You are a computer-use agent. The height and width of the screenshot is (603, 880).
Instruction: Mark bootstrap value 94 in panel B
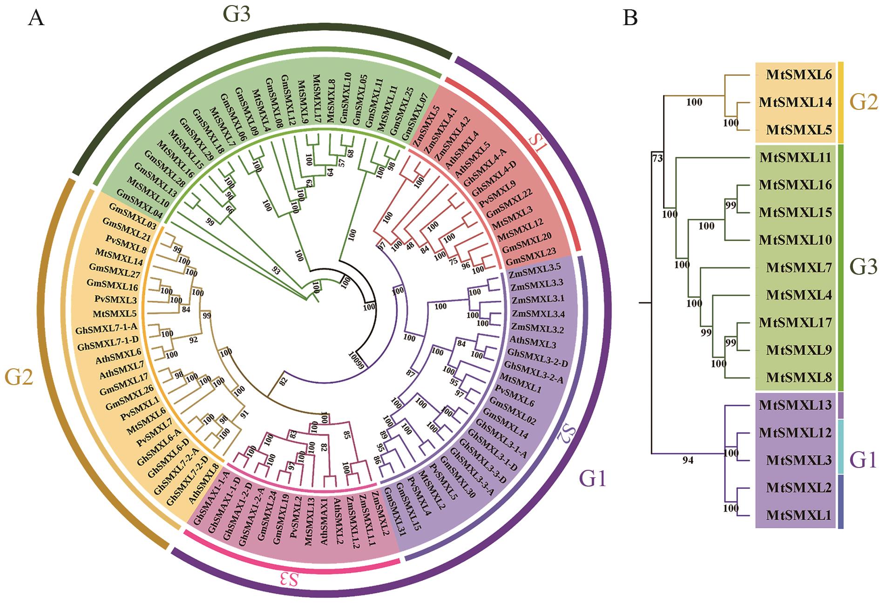pos(688,461)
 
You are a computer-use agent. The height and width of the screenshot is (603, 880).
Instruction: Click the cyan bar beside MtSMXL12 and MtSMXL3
pos(840,446)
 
